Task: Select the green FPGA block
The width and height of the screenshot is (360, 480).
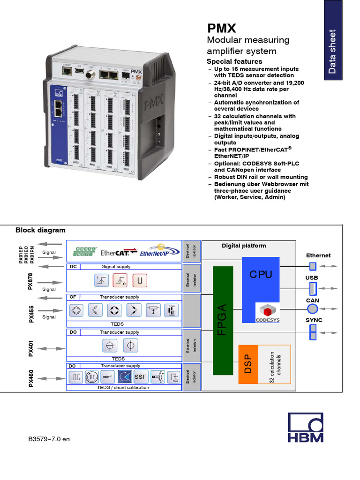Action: point(223,320)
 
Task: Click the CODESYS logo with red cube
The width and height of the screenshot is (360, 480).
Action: point(267,313)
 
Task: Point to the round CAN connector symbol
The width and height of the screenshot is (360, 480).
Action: point(312,308)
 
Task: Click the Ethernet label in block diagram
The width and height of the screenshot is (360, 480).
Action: point(318,255)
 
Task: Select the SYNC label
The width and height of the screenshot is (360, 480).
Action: point(314,320)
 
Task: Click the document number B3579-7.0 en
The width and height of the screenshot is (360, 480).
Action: point(49,439)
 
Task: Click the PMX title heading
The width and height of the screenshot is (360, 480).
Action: point(222,28)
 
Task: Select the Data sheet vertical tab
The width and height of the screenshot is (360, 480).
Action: point(332,52)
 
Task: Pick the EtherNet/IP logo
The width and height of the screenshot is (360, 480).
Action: point(158,251)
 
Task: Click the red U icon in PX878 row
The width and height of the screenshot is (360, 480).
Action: point(139,281)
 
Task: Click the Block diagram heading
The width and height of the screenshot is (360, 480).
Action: point(40,230)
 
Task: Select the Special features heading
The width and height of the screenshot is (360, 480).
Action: point(234,61)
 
